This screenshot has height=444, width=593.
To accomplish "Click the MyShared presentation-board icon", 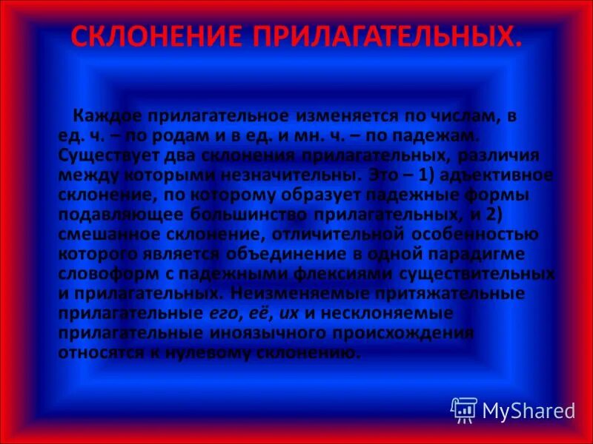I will coord(464,408).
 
